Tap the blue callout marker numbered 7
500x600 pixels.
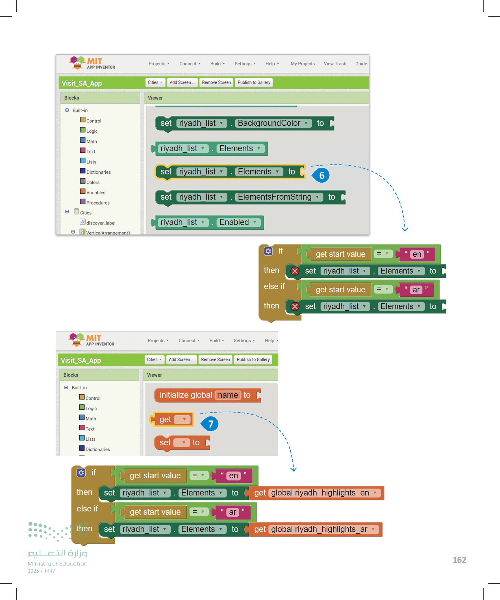[210, 424]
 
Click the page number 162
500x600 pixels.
[459, 560]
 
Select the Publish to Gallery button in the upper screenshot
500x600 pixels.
[254, 82]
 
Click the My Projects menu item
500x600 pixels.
[303, 64]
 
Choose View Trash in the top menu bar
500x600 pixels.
[335, 64]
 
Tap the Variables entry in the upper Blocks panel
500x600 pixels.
[95, 193]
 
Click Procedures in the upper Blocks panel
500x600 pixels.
[98, 203]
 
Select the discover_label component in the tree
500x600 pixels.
[101, 223]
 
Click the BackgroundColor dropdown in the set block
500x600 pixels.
[273, 123]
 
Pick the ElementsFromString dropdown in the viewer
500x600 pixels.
[279, 197]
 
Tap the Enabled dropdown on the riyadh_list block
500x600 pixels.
[238, 222]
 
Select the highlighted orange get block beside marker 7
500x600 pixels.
[173, 419]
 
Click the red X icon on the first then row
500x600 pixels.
[295, 271]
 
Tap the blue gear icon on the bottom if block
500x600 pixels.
[81, 473]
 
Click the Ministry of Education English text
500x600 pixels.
[57, 564]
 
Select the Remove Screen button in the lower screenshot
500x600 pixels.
[215, 360]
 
